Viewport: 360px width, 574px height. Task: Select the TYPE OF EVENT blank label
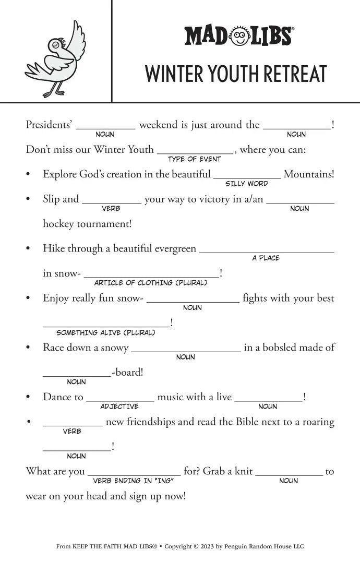pos(195,159)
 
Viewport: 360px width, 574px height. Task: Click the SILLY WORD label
pos(247,184)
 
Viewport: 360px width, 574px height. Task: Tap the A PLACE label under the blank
pos(266,258)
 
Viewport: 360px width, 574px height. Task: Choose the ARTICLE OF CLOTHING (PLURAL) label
pos(151,283)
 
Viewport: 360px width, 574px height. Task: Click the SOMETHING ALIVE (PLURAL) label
pos(106,332)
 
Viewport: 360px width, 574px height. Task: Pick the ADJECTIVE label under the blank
pos(119,406)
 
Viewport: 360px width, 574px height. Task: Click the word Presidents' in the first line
pos(49,125)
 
